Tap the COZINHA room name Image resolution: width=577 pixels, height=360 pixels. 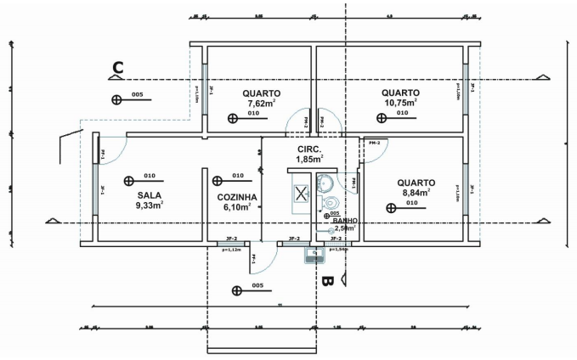(236, 196)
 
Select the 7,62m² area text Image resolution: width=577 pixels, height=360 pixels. (261, 104)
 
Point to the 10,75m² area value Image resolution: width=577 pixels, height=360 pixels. (399, 104)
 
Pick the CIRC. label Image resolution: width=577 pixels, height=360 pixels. (308, 149)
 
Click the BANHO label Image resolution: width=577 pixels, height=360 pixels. (345, 220)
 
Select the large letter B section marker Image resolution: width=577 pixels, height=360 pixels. (326, 278)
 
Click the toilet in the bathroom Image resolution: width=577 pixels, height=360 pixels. (331, 202)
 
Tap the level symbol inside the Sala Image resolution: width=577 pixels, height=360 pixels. (128, 180)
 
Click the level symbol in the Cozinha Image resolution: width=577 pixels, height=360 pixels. (218, 180)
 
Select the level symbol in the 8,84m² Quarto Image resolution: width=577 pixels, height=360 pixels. (391, 206)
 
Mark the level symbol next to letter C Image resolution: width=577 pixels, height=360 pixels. (116, 99)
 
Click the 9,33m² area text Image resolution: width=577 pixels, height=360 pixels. (149, 205)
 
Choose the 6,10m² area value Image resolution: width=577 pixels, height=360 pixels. (236, 206)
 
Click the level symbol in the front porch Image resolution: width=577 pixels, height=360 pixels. (236, 290)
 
